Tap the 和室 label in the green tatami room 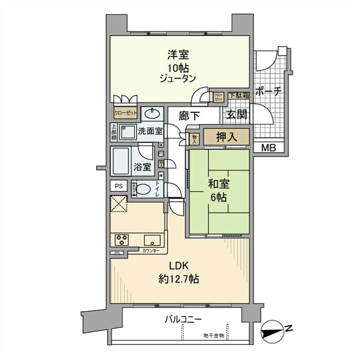pyautogui.click(x=220, y=184)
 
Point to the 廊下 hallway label pyautogui.click(x=189, y=116)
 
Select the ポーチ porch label pyautogui.click(x=268, y=92)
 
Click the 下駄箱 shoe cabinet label pyautogui.click(x=239, y=95)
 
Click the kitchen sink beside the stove pyautogui.click(x=152, y=240)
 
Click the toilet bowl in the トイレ pyautogui.click(x=144, y=189)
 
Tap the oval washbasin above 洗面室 pyautogui.click(x=151, y=114)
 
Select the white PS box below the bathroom pyautogui.click(x=118, y=186)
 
